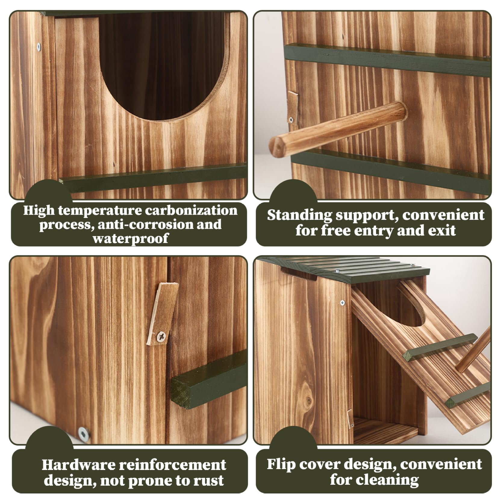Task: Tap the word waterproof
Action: click(x=130, y=238)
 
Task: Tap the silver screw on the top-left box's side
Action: click(x=38, y=46)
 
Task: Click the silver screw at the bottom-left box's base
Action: click(x=83, y=434)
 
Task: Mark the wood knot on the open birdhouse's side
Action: click(x=308, y=400)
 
